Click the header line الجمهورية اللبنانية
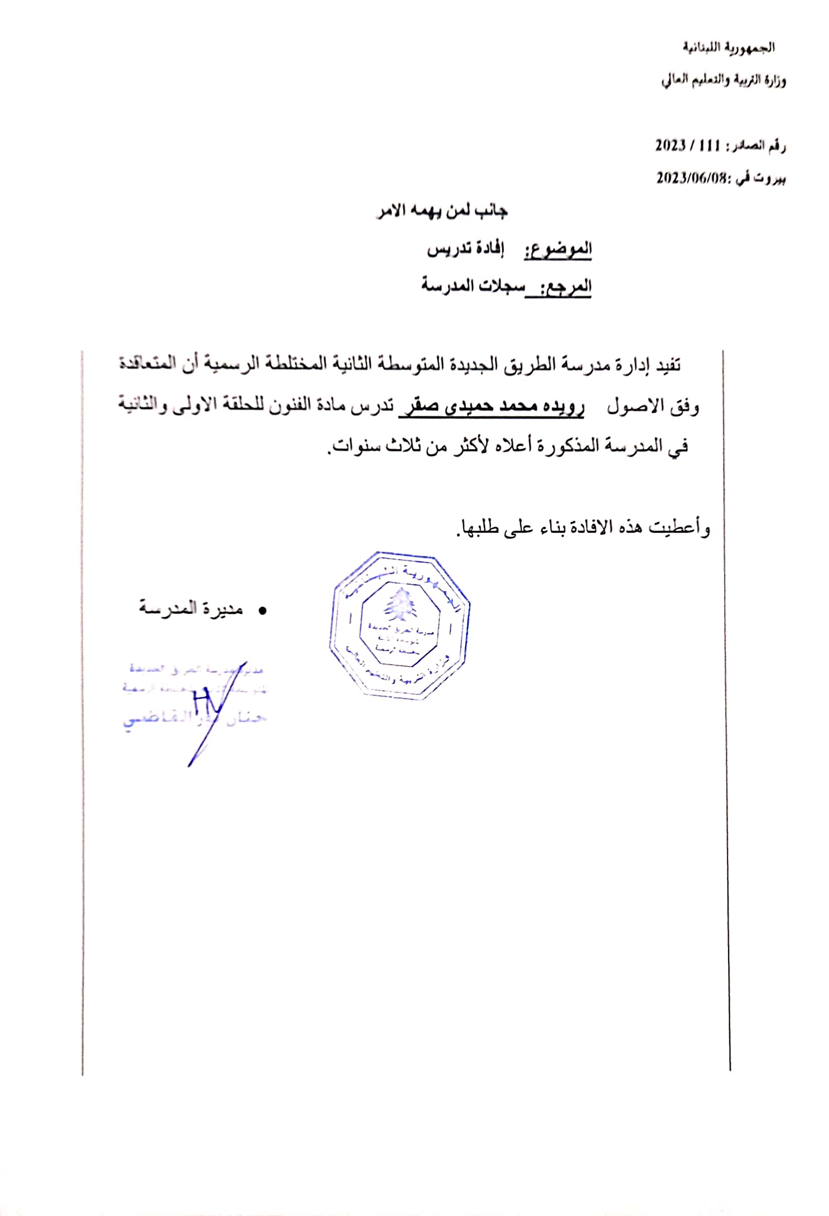[728, 48]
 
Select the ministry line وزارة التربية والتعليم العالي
[723, 81]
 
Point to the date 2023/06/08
[691, 178]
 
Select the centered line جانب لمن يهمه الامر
[442, 212]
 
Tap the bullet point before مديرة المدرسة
[263, 610]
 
